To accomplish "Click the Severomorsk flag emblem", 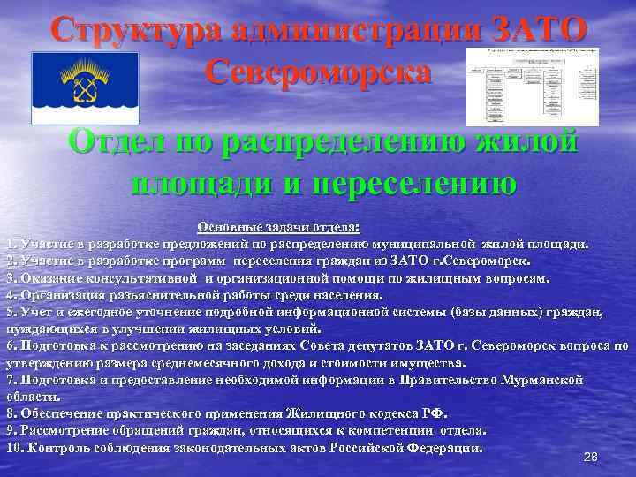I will pos(85,87).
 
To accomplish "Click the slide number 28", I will pos(591,457).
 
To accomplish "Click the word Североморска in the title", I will pos(319,72).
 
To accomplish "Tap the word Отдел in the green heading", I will pos(114,141).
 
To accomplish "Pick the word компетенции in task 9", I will pos(386,430).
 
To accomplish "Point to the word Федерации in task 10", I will pos(444,447).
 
